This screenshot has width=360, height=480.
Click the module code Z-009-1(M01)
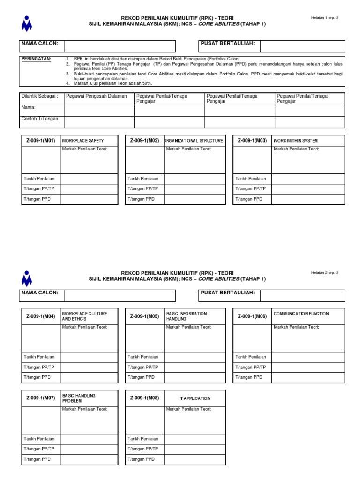(40, 141)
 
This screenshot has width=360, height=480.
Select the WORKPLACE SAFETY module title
(82, 141)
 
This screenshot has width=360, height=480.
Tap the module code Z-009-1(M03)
(252, 141)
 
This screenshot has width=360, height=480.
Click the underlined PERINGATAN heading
(37, 59)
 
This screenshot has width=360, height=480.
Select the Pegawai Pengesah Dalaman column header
(97, 96)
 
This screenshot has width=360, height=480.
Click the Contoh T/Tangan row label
(40, 119)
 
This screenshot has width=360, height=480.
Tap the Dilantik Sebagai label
(40, 96)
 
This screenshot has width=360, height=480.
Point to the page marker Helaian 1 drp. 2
(324, 18)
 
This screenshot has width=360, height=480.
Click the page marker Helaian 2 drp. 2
(324, 273)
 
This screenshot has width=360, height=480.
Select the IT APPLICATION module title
(195, 398)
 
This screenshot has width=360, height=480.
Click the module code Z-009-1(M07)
(40, 398)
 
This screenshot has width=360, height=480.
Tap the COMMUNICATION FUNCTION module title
(301, 314)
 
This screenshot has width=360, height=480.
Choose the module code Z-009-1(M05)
(144, 316)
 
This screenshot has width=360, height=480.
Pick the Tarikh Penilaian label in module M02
(143, 179)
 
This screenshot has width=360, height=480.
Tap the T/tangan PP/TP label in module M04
(39, 367)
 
